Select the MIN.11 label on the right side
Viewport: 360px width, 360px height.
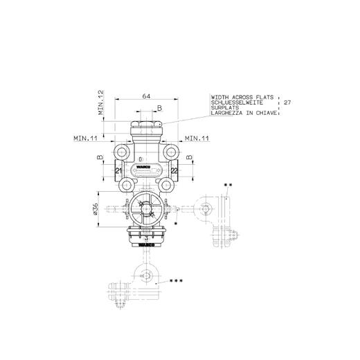tap(199, 138)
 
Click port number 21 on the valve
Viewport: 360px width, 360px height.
tap(118, 170)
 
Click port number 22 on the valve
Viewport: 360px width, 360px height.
tap(174, 170)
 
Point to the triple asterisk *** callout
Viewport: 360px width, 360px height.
tap(177, 282)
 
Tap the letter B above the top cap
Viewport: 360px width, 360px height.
tap(159, 108)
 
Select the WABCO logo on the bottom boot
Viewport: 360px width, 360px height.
tap(147, 245)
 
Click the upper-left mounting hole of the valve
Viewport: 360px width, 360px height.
tap(123, 150)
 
